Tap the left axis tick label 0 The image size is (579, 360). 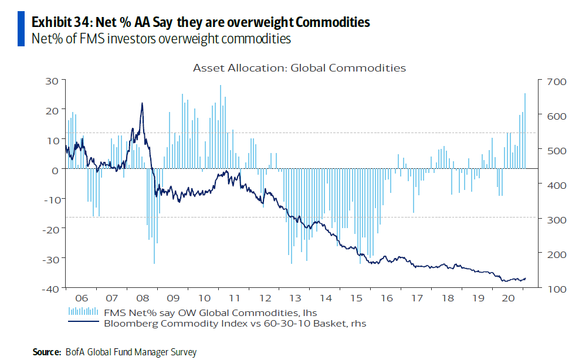(x=55, y=169)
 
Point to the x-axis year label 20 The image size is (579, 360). (x=510, y=298)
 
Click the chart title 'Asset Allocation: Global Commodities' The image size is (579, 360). (x=299, y=68)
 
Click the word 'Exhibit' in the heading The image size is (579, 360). (x=54, y=22)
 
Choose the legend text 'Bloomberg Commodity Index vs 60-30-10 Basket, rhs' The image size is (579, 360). (x=235, y=322)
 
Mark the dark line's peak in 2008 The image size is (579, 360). (x=142, y=104)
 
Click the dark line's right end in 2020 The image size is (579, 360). (x=526, y=279)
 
